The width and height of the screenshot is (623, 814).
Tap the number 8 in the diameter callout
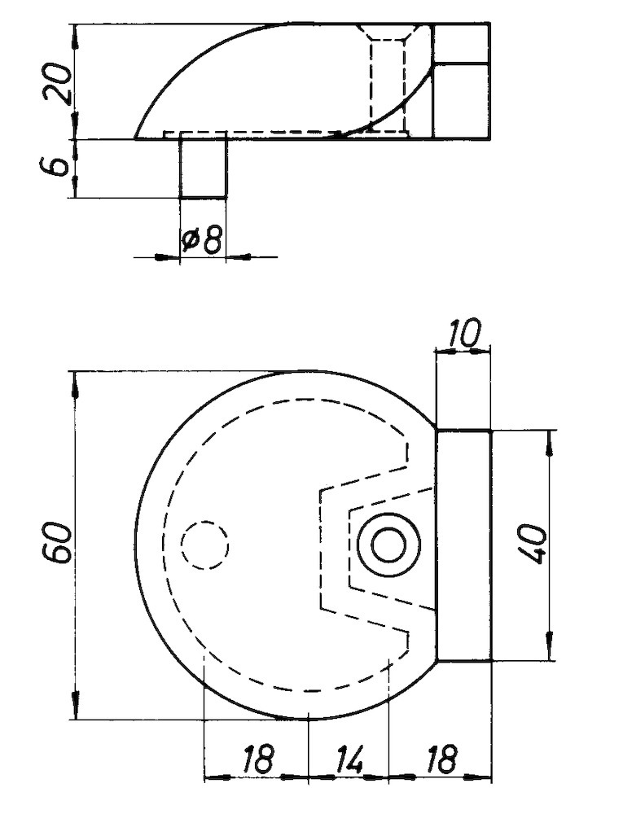(211, 240)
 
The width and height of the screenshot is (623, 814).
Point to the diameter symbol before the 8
(190, 241)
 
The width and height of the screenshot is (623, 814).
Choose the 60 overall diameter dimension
(59, 544)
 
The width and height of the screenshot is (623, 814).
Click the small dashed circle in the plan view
(204, 544)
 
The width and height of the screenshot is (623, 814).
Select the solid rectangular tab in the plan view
(464, 545)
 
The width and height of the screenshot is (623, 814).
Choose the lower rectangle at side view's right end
(461, 101)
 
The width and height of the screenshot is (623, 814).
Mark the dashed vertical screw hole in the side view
(388, 81)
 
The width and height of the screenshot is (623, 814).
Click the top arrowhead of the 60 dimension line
(75, 383)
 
